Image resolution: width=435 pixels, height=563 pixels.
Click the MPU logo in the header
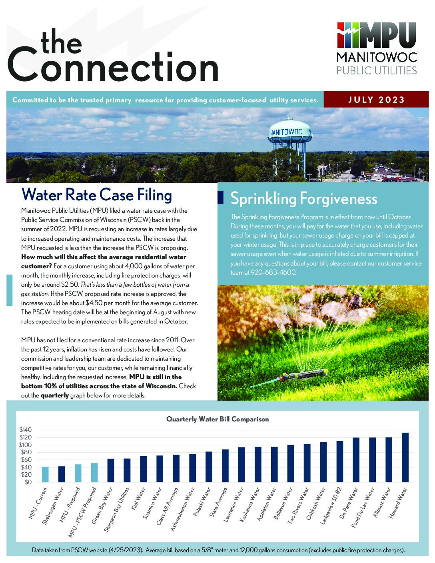[x=377, y=48]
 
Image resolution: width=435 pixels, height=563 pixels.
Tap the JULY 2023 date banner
[x=376, y=100]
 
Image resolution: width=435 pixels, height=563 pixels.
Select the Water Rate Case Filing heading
[x=97, y=195]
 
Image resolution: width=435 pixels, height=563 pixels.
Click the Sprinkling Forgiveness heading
[x=303, y=199]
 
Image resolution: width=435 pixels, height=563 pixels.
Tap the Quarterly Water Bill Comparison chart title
[x=217, y=419]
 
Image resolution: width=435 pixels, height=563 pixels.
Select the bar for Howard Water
[x=405, y=457]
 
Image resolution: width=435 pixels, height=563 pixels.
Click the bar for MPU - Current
[x=45, y=474]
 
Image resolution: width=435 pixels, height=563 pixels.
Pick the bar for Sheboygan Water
[x=62, y=474]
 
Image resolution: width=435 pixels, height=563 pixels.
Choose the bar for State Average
[x=225, y=466]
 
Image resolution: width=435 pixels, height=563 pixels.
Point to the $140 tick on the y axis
[x=25, y=430]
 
